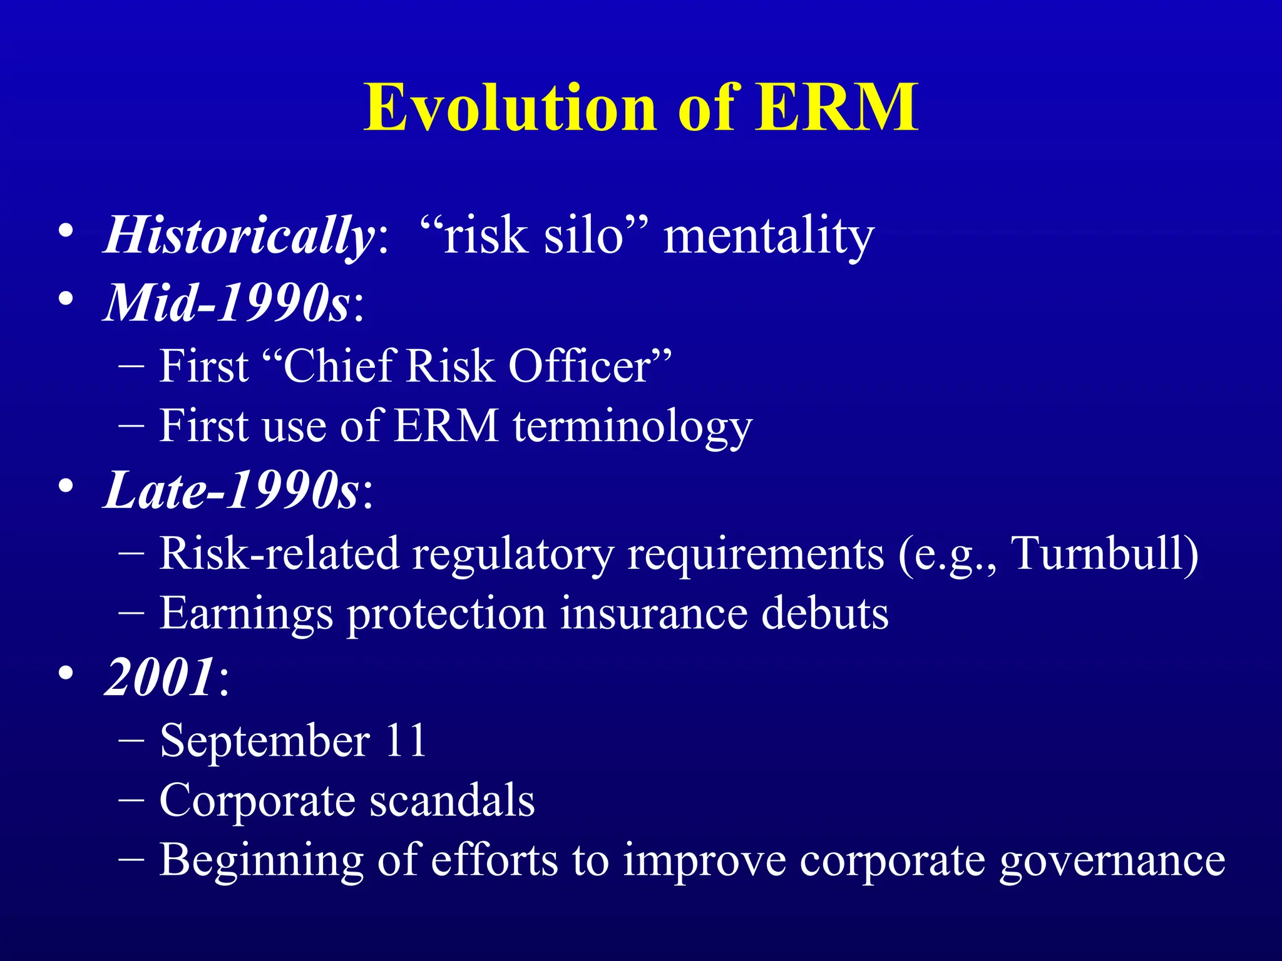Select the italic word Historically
click(240, 236)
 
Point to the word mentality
click(769, 236)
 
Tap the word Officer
click(579, 365)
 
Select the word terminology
click(632, 427)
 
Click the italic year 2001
click(160, 677)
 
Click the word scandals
click(451, 800)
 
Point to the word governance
click(1112, 861)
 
